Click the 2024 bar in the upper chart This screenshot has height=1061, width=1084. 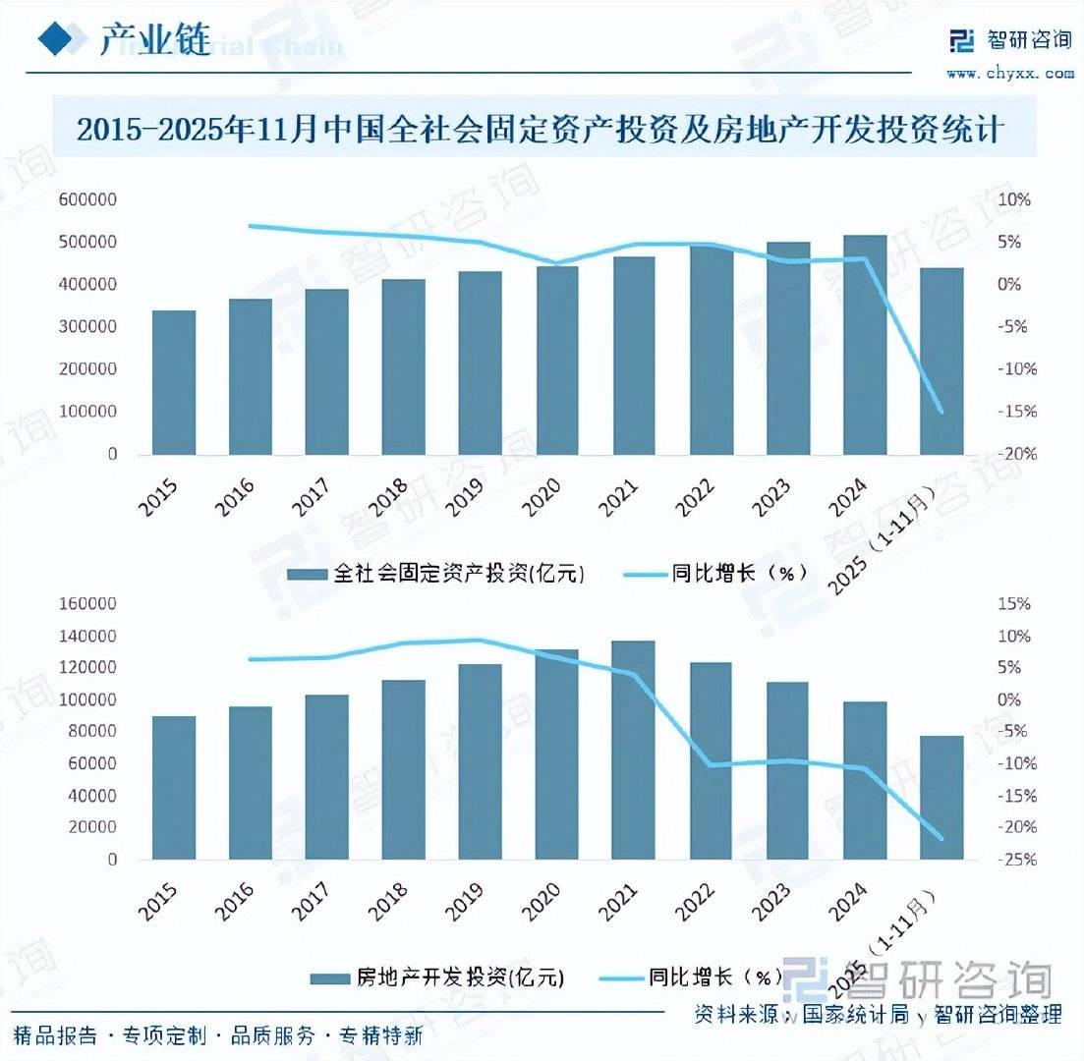pyautogui.click(x=864, y=344)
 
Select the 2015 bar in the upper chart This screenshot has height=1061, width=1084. pyautogui.click(x=174, y=382)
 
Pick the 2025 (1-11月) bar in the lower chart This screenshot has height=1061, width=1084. pyautogui.click(x=941, y=797)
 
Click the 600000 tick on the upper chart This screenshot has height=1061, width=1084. pyautogui.click(x=88, y=199)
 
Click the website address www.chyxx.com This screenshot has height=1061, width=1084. pyautogui.click(x=1010, y=72)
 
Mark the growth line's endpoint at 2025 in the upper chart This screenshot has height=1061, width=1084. pyautogui.click(x=941, y=412)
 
